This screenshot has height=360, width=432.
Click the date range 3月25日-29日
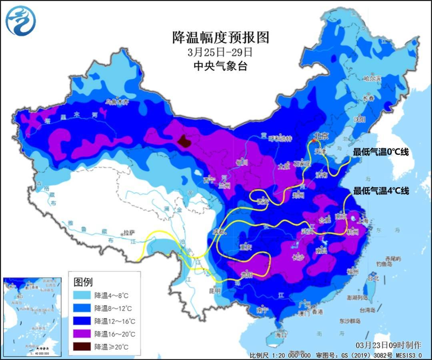(221, 52)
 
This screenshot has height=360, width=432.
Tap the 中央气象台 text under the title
(221, 66)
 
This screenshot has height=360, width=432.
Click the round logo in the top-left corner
(21, 21)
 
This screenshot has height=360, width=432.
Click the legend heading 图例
(83, 282)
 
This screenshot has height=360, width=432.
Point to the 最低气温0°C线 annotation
(380, 152)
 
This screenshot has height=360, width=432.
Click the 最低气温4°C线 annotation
(380, 191)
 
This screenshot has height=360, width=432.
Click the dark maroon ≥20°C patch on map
(184, 141)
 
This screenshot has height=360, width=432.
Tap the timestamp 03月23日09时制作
(388, 345)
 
